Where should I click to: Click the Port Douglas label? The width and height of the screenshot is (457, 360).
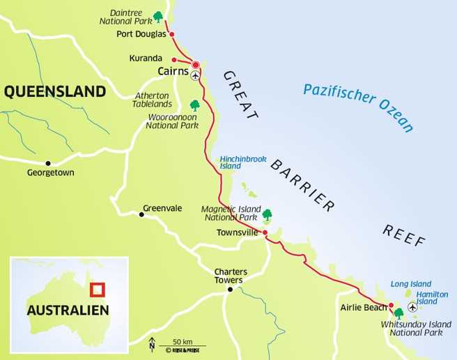[142, 34]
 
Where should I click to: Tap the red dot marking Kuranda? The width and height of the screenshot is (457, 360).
[173, 59]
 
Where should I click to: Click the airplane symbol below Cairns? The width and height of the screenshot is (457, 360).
[195, 75]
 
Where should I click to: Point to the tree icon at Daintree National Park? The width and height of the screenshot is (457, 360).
[159, 16]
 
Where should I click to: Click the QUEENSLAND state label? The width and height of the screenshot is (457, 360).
[55, 91]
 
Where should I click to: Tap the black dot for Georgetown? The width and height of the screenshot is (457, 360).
[48, 163]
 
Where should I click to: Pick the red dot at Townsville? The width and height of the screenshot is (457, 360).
[265, 233]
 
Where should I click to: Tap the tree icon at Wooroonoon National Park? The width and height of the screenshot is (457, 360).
[195, 105]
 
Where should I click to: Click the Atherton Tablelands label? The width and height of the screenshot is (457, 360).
[152, 100]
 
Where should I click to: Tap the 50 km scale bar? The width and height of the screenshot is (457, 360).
[182, 345]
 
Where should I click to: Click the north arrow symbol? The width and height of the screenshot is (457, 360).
[152, 343]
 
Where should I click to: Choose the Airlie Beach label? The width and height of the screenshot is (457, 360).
[362, 306]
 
